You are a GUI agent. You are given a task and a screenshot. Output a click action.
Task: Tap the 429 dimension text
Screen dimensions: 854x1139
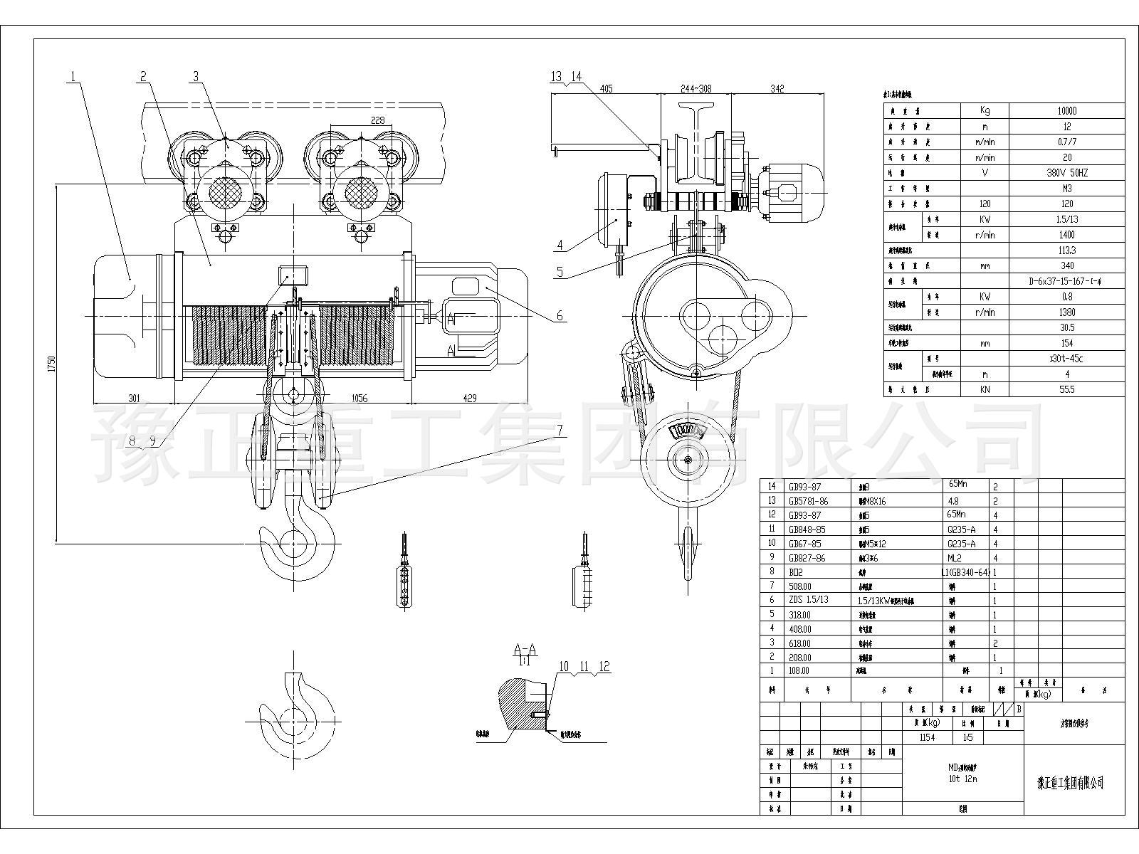point(471,399)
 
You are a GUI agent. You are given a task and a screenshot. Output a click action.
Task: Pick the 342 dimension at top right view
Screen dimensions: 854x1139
point(777,89)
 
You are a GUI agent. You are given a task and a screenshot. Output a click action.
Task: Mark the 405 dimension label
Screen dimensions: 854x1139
point(606,89)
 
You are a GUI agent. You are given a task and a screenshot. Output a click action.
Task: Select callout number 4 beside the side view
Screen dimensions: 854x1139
point(560,246)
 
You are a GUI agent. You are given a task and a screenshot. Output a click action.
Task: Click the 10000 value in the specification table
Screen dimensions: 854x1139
point(1066,111)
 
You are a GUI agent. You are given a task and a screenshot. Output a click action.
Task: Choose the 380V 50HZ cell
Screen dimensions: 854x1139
point(1066,173)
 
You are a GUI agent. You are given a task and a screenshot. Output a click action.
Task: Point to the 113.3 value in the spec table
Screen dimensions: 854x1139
point(1066,251)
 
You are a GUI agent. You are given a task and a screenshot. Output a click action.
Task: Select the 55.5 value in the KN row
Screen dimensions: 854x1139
point(1066,390)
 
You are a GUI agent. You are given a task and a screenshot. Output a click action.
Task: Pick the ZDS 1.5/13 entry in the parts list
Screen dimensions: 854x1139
point(809,600)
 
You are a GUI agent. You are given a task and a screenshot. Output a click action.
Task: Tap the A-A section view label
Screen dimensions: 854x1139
point(525,650)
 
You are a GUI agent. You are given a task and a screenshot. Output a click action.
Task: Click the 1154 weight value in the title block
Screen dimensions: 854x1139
point(927,738)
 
